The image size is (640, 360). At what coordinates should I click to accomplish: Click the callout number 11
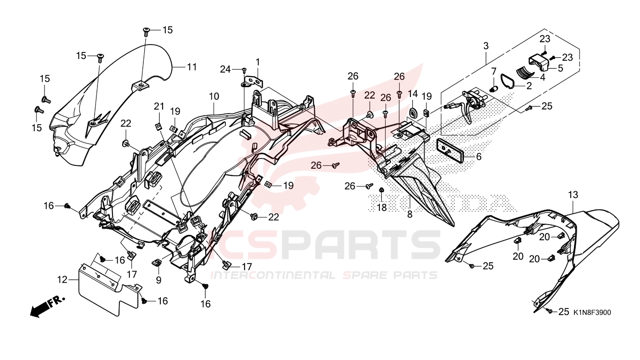click(x=192, y=67)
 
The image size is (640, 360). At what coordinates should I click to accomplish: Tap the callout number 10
click(x=214, y=97)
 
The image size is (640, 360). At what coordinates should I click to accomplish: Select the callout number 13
click(x=573, y=195)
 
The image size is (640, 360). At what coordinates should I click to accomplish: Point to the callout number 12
click(x=62, y=279)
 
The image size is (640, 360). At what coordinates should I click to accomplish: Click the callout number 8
click(x=409, y=214)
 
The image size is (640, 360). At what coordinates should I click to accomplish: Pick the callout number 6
click(x=478, y=157)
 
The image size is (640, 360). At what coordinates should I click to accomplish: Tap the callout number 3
click(x=486, y=46)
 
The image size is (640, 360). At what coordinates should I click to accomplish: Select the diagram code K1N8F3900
click(x=593, y=312)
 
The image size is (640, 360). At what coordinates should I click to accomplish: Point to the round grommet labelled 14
click(x=412, y=113)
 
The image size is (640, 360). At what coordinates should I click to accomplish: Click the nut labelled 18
click(x=381, y=190)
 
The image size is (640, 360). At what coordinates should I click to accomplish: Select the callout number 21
click(x=159, y=106)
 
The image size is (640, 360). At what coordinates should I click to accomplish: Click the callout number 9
click(x=158, y=279)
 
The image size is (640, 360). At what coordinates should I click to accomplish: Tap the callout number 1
click(x=258, y=62)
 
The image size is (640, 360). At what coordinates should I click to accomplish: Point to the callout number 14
click(x=413, y=93)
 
